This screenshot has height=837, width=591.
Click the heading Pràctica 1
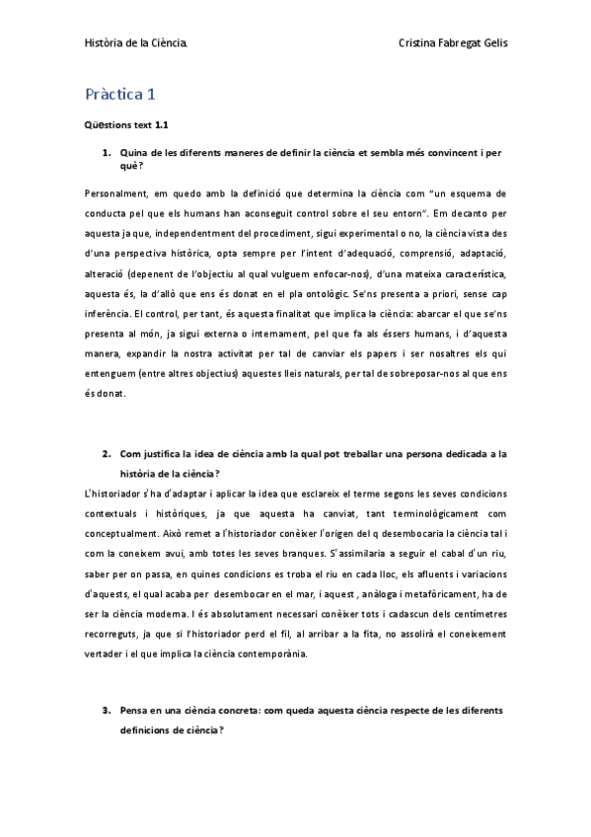click(x=120, y=96)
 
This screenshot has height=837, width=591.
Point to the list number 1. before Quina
click(x=107, y=153)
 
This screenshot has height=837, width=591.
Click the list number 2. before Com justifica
click(x=107, y=455)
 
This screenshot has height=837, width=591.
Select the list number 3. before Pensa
click(x=107, y=711)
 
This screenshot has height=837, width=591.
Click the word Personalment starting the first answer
click(x=112, y=193)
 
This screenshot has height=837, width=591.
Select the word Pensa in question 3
click(x=135, y=711)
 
